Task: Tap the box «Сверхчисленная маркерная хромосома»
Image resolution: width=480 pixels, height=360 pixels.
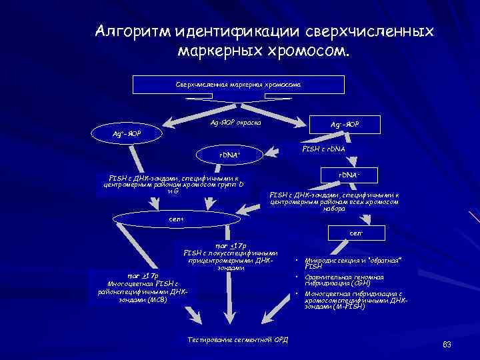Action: [239, 85]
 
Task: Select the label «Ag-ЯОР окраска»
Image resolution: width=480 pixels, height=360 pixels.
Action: [236, 123]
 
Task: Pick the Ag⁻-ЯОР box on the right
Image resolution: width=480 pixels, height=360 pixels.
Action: [346, 124]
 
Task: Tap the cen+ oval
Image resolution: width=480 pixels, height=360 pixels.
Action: [176, 218]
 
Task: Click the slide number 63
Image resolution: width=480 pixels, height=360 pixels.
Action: [447, 344]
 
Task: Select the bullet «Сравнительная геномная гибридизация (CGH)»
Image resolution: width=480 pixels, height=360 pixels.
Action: [344, 280]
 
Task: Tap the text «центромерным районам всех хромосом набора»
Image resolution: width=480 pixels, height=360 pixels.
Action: [334, 202]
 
